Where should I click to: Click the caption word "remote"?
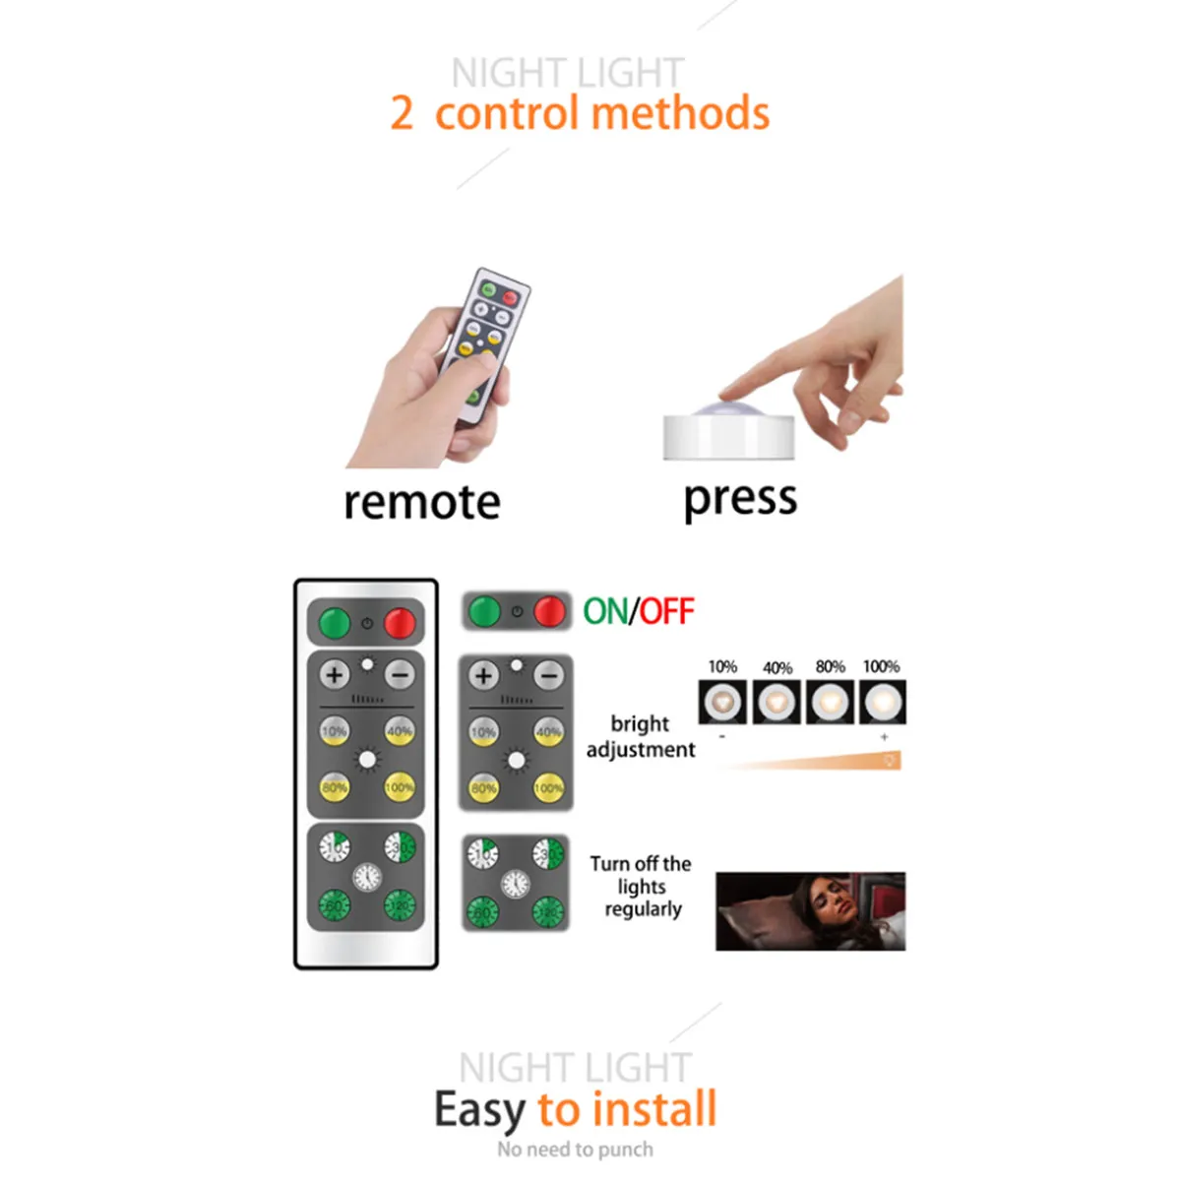421,502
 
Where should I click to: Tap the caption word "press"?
740,498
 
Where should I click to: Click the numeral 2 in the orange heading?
402,113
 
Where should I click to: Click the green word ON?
604,611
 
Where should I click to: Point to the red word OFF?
667,611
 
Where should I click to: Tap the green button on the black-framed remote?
335,623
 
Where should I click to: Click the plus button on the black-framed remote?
335,675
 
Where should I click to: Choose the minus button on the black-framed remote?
400,675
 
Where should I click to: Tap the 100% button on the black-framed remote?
399,787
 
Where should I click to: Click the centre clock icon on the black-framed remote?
367,875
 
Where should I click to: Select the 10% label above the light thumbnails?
722,666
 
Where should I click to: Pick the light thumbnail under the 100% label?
882,703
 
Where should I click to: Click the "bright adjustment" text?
640,736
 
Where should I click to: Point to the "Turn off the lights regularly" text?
642,886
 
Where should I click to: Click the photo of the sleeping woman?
810,910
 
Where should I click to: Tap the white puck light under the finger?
728,433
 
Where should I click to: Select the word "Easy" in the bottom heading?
479,1109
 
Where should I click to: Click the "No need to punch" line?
575,1150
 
